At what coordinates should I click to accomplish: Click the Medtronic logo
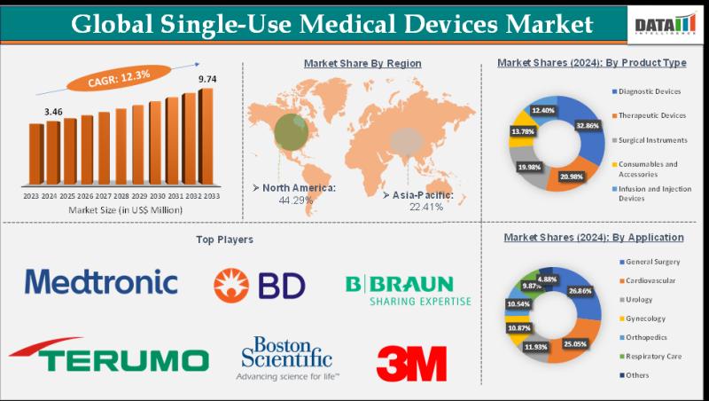pyautogui.click(x=101, y=282)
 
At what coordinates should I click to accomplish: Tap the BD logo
pyautogui.click(x=259, y=285)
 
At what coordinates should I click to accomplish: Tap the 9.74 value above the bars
pyautogui.click(x=207, y=80)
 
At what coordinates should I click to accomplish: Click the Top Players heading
pyautogui.click(x=224, y=240)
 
